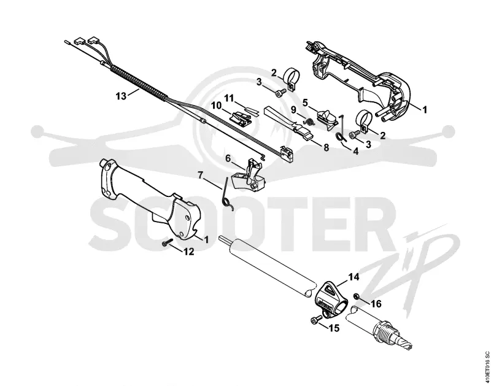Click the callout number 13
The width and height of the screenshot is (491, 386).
(x=121, y=96)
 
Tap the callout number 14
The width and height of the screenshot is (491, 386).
(x=354, y=277)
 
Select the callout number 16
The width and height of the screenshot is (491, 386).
(x=376, y=303)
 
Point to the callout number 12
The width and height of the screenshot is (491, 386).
(x=189, y=252)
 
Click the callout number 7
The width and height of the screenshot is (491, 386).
(x=201, y=175)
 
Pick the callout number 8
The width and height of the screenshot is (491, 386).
(x=327, y=147)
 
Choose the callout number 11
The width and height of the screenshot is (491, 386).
(x=229, y=99)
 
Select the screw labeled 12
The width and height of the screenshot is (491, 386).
(x=168, y=242)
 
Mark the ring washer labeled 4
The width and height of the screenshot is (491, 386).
(x=340, y=136)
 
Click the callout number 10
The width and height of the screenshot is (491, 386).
(x=217, y=106)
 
